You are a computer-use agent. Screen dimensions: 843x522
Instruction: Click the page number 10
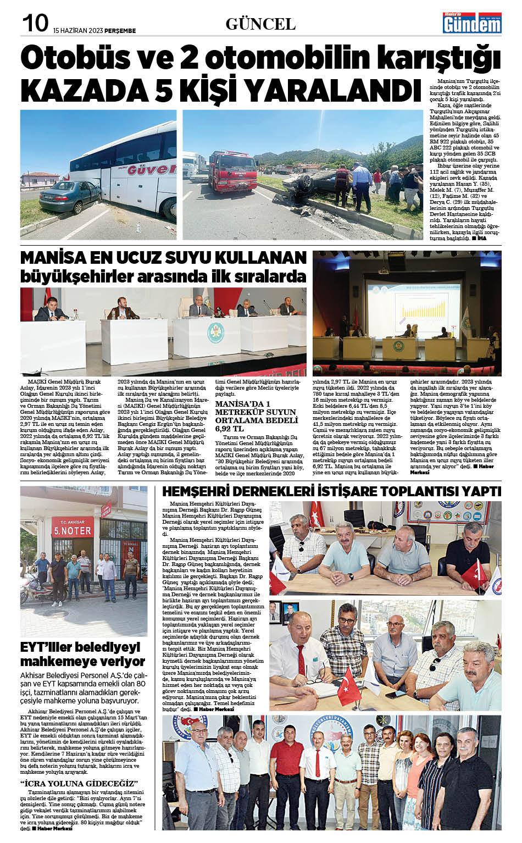tap(35, 24)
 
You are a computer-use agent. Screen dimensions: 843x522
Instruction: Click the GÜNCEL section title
tap(260, 24)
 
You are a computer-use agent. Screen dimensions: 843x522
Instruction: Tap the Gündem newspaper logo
tap(465, 23)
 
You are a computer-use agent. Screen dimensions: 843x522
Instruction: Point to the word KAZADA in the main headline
tap(82, 90)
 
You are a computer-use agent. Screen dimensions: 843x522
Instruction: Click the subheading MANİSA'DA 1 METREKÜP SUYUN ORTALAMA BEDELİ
tap(255, 416)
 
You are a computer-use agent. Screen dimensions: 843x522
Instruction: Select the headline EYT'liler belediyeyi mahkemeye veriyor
tap(82, 653)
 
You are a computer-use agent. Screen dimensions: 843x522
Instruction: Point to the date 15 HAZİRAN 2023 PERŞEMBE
tap(95, 31)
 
